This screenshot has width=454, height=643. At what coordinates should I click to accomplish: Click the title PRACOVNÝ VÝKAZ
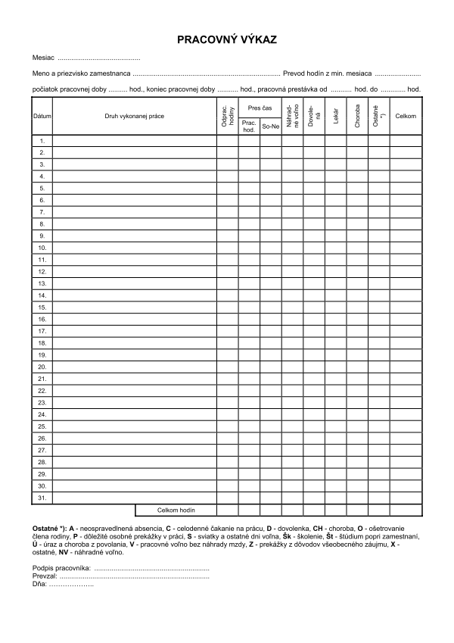coord(227,38)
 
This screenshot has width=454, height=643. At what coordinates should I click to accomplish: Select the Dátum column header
coord(42,116)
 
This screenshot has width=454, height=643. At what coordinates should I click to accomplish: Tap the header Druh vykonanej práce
coord(135,116)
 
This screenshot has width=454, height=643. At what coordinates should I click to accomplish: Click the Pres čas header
coord(260,108)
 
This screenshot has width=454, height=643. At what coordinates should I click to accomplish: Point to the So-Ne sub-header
coord(270,126)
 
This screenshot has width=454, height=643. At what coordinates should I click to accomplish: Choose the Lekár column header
coord(335,116)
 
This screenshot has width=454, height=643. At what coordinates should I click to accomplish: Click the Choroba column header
coord(357,116)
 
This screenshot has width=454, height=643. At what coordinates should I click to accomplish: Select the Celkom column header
coord(406,116)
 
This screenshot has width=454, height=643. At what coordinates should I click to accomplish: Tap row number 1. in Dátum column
coord(42,141)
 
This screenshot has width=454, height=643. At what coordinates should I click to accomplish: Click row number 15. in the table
coord(42,307)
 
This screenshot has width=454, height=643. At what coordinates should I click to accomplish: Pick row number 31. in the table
coord(42,498)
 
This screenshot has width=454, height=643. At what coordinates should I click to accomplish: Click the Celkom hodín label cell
coord(176,510)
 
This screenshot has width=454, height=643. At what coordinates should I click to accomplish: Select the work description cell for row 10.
coord(135,248)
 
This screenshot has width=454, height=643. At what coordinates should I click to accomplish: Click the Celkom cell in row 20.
coord(406,367)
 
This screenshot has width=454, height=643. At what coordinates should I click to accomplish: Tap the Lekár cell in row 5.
coord(335,189)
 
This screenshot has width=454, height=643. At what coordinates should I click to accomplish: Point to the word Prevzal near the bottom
coord(45,576)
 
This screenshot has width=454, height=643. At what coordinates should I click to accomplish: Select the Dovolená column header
coord(313,116)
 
